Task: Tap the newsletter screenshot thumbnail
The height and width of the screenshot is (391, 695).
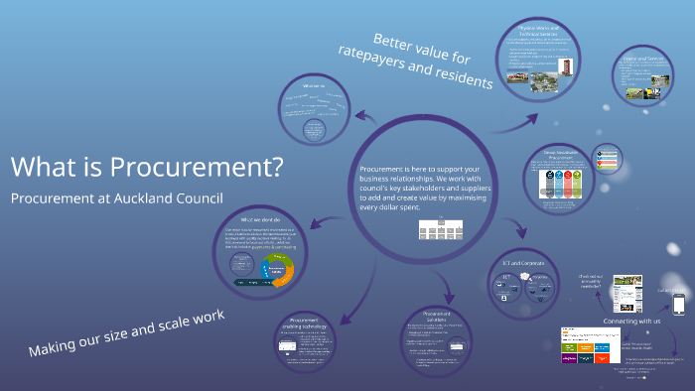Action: (625, 293)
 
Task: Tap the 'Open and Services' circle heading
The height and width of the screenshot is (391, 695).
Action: (639, 59)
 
